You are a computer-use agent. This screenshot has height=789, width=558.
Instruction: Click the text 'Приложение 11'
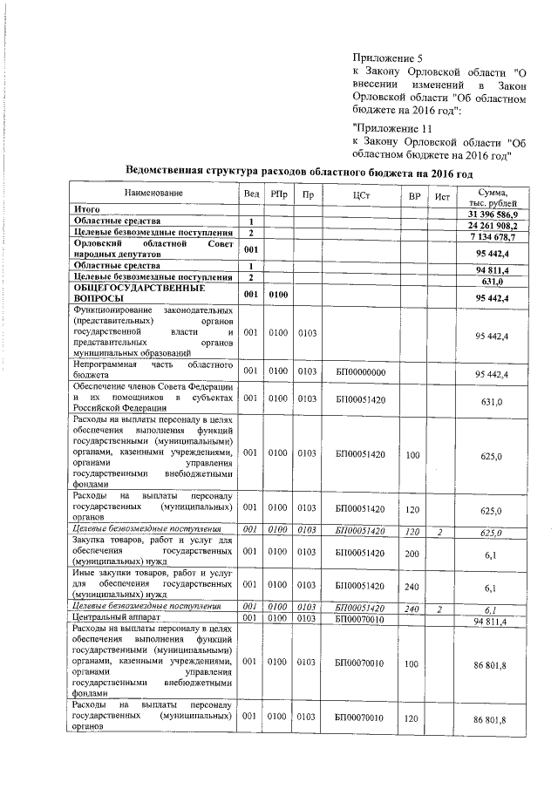tap(386, 127)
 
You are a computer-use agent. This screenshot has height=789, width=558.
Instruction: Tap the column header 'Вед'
tap(251, 193)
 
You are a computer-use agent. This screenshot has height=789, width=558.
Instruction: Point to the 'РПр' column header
tap(278, 193)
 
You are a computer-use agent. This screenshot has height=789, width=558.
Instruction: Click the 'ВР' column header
tap(414, 193)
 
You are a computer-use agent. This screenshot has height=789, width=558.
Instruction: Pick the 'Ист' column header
tap(442, 193)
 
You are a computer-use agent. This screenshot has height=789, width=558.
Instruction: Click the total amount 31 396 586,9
tap(493, 214)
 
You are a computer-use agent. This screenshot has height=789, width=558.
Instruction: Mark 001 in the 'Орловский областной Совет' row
tap(251, 249)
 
